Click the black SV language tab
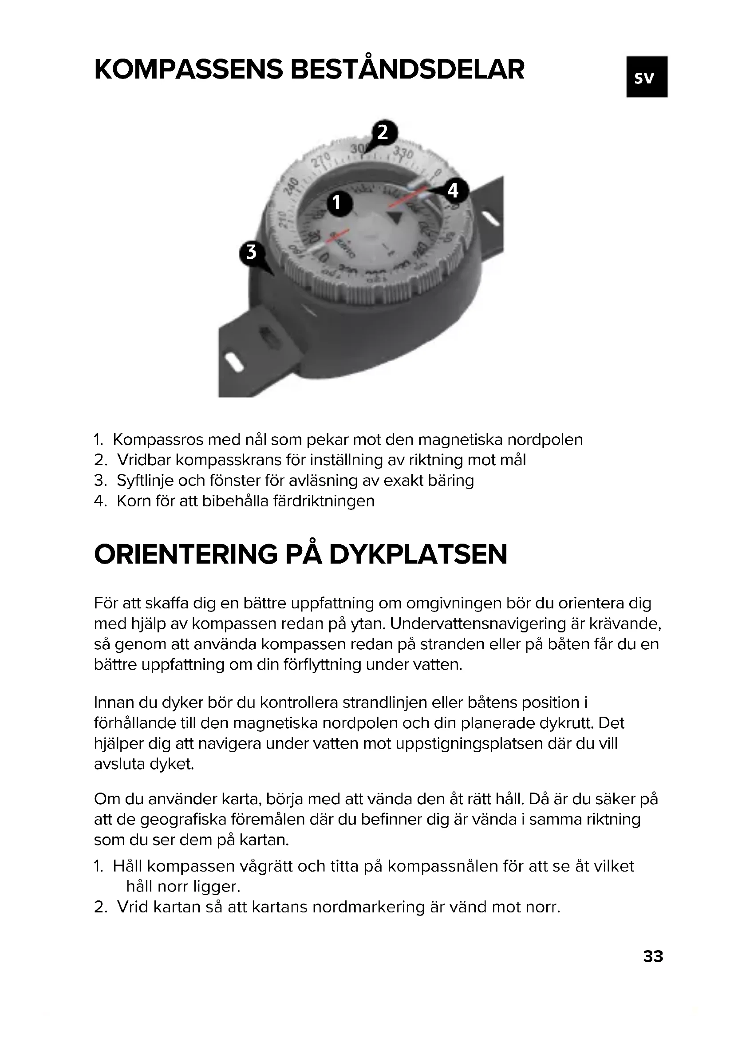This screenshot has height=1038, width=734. (646, 77)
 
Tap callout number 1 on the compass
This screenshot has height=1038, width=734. (336, 202)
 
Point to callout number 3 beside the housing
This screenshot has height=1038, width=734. (251, 252)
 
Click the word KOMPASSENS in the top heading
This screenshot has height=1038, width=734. (188, 70)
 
